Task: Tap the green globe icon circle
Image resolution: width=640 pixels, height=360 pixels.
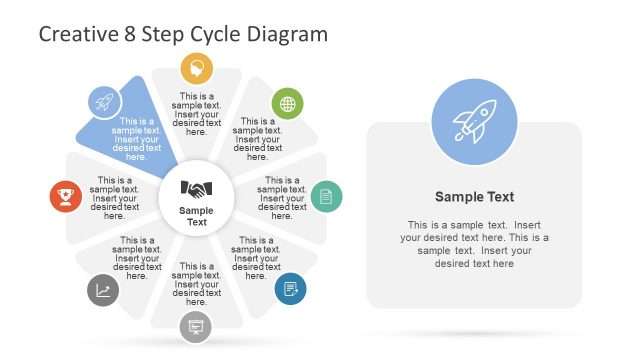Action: pos(288,103)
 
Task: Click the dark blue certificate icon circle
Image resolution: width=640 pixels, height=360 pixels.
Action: pos(290,289)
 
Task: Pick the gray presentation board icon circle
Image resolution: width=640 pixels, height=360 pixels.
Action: pos(196,326)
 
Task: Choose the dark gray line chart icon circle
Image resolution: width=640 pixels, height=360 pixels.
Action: pos(103,290)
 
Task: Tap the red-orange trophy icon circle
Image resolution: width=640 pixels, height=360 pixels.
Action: pos(66,196)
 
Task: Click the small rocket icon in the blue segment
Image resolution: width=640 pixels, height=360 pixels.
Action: pos(104,101)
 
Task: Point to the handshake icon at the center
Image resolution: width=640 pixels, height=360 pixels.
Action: pos(197,188)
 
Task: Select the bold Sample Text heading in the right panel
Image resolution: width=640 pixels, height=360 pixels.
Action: pos(475,197)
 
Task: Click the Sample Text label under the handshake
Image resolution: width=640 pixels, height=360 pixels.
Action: pos(197,215)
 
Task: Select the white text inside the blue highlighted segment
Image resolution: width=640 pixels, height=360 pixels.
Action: pos(136,139)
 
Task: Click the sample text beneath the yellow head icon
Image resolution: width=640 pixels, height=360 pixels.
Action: pos(197,114)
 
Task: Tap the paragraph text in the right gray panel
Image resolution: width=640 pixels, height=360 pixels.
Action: pos(475,244)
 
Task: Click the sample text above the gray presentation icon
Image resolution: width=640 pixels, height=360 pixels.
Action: pos(197,284)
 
